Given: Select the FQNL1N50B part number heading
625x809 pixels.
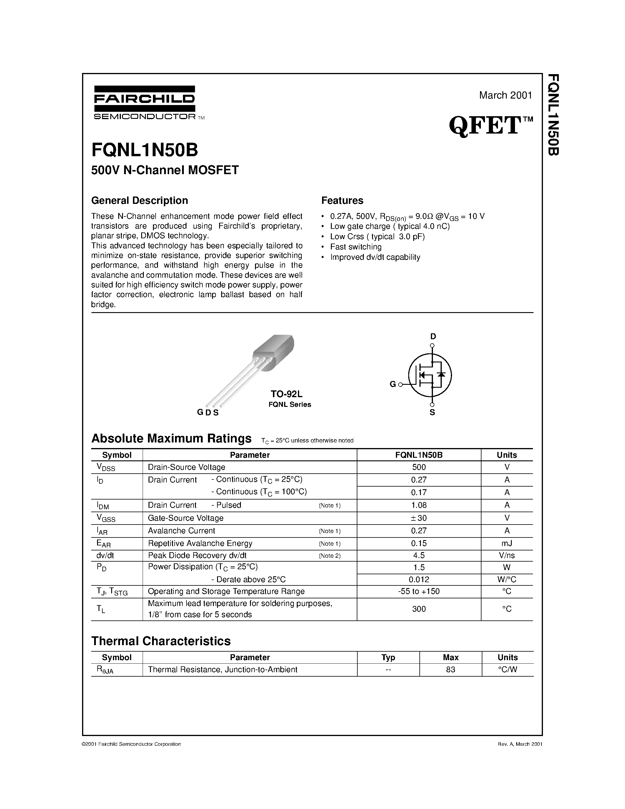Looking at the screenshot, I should coord(145,150).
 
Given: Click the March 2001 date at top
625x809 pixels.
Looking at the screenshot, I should coord(505,95).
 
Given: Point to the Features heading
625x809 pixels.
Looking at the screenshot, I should coord(342,200).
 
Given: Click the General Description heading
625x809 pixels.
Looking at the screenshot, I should coord(140,200).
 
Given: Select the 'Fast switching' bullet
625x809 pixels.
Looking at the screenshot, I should coord(356,247).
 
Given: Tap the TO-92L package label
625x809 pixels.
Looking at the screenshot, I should coord(286,394).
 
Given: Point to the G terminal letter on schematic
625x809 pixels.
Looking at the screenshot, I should coord(393,384).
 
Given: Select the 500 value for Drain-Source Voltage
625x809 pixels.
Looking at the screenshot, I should coord(419,467).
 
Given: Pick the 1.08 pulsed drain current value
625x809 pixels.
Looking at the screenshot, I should coord(419,505).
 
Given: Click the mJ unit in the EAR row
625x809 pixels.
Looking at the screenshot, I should coord(507,543).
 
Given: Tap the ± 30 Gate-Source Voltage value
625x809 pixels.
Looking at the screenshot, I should coord(419,518).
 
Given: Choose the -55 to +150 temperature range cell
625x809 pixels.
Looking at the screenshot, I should coord(419,591).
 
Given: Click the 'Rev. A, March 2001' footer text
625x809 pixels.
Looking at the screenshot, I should coord(520,744).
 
